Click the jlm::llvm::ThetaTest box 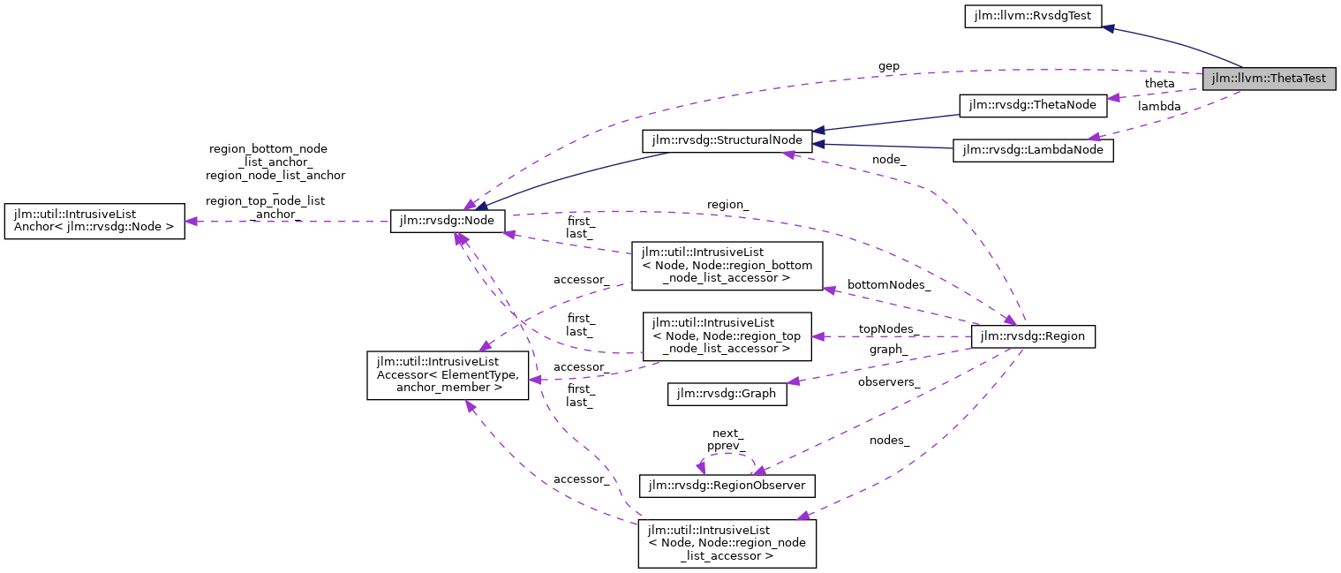(1269, 78)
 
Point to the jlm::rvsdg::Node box (448, 222)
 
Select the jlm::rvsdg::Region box (1032, 336)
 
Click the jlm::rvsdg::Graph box (727, 394)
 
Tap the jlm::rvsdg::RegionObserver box (727, 486)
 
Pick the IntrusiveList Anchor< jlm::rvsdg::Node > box (94, 222)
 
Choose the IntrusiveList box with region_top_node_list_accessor (727, 336)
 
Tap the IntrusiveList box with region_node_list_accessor (727, 543)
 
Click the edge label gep (888, 66)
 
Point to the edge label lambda (1159, 106)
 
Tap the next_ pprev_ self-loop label (726, 440)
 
